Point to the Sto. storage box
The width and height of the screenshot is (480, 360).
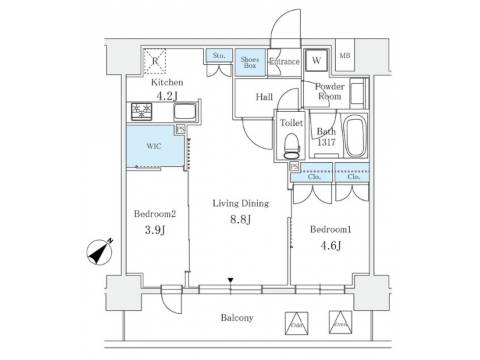(219, 56)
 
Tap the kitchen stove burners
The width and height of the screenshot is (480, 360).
(142, 111)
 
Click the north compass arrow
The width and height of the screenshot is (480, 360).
(99, 251)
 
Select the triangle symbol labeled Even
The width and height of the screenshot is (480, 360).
(340, 322)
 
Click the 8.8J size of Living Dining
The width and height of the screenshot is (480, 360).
(241, 219)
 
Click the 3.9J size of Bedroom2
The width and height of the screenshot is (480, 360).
(155, 230)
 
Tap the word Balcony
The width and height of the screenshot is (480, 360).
(237, 318)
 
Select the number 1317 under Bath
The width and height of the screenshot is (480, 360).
(326, 142)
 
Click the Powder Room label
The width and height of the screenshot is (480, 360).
(329, 91)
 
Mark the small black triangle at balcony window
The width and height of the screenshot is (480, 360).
(231, 281)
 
